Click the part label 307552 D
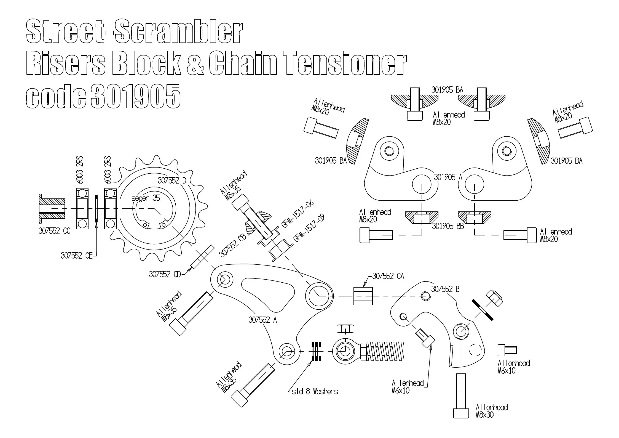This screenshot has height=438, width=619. click(172, 181)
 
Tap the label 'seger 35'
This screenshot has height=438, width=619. click(146, 198)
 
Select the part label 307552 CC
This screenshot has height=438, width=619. click(54, 231)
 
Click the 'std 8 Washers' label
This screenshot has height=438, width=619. click(315, 392)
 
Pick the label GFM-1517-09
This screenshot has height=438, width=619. click(309, 228)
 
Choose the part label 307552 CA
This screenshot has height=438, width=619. click(388, 276)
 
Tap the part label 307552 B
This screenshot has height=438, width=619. click(445, 289)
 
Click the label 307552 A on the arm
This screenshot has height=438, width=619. click(262, 320)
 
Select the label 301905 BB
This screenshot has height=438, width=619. click(448, 226)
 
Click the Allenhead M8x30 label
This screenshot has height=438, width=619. click(492, 411)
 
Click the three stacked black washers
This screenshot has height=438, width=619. click(317, 351)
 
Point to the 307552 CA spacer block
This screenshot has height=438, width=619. click(363, 296)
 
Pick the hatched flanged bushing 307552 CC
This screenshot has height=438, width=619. click(52, 208)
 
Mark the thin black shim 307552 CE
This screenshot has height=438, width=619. click(96, 209)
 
